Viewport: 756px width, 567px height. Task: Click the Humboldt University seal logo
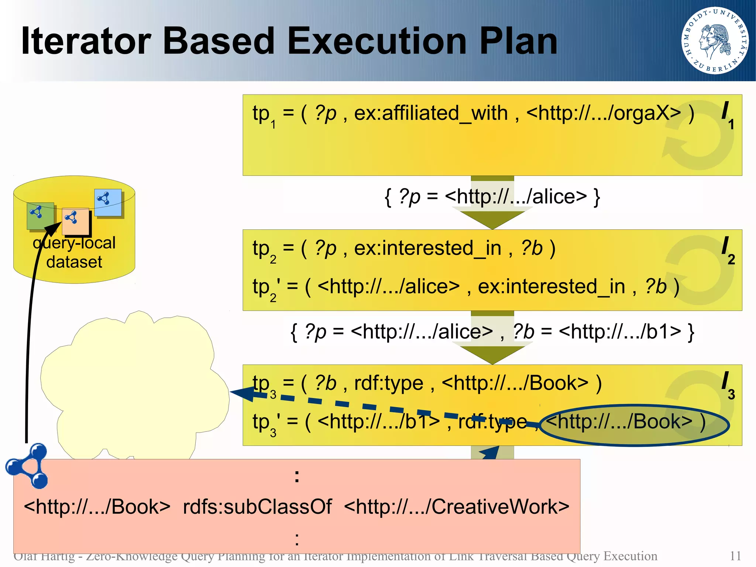pyautogui.click(x=715, y=40)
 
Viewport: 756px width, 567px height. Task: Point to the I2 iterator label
pyautogui.click(x=728, y=250)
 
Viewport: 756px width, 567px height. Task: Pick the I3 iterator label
pyautogui.click(x=728, y=385)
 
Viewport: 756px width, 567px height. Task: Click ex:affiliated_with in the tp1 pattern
pyautogui.click(x=431, y=113)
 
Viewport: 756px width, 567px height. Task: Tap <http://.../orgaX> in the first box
pyautogui.click(x=603, y=113)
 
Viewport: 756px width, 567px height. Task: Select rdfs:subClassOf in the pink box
pyautogui.click(x=257, y=506)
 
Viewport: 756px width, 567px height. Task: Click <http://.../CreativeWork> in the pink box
pyautogui.click(x=457, y=506)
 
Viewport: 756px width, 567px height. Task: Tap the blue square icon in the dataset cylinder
pyautogui.click(x=107, y=202)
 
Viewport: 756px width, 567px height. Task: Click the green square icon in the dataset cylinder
pyautogui.click(x=40, y=216)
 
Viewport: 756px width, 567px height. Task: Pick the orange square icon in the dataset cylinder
pyautogui.click(x=75, y=221)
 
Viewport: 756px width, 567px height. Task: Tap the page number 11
pyautogui.click(x=735, y=556)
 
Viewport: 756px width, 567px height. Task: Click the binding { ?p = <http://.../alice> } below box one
pyautogui.click(x=492, y=197)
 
